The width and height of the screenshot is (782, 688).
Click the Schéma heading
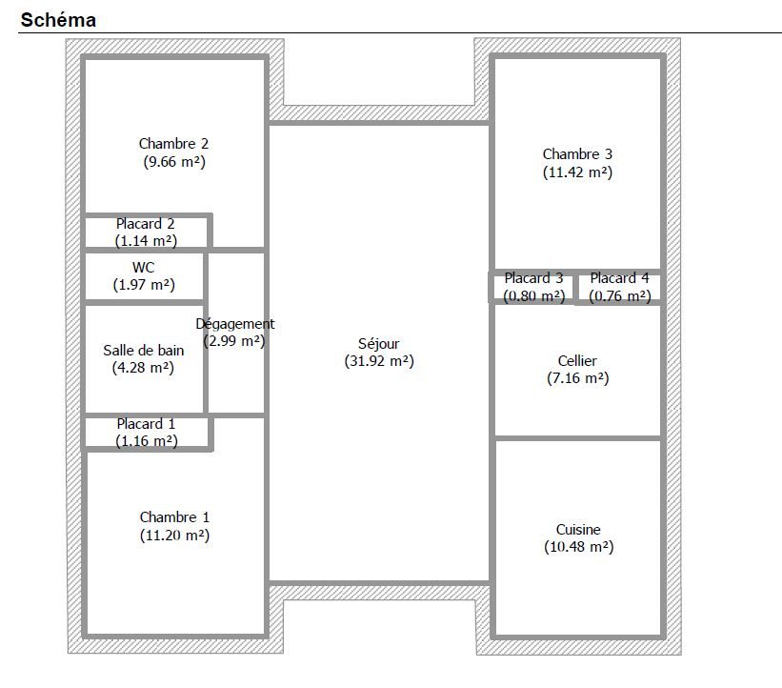click(x=58, y=20)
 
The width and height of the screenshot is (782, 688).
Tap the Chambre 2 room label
click(x=173, y=144)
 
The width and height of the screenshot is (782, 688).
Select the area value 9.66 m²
click(x=174, y=162)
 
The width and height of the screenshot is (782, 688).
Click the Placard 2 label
click(x=145, y=224)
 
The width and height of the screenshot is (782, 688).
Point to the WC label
click(x=144, y=268)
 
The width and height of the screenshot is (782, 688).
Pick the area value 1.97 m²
click(x=144, y=285)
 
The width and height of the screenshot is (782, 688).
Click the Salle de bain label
click(x=144, y=351)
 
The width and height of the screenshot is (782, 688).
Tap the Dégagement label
click(x=235, y=324)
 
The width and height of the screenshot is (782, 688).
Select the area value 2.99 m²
click(x=234, y=341)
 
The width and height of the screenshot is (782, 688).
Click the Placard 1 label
click(x=146, y=424)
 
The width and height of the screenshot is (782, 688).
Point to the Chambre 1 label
click(x=174, y=516)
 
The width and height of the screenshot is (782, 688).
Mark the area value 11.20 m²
click(x=174, y=536)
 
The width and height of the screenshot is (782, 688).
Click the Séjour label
click(x=378, y=344)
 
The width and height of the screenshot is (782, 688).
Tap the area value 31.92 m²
click(x=379, y=361)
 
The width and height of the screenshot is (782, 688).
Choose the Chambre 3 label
click(x=577, y=154)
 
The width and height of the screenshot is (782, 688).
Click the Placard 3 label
click(x=533, y=278)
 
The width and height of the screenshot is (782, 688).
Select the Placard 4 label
click(x=620, y=278)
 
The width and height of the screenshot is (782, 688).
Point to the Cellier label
click(x=577, y=361)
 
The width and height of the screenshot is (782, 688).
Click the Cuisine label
click(x=578, y=530)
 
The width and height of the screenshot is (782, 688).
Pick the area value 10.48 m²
click(x=578, y=547)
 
